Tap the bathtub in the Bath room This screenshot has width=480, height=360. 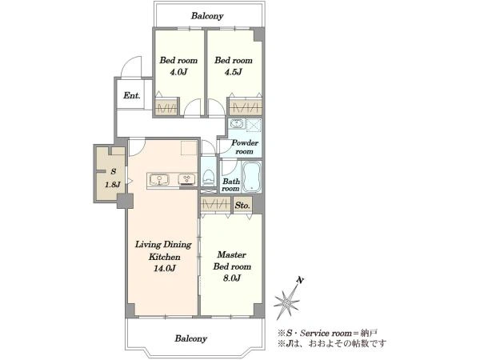(252, 177)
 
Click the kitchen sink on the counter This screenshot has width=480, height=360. (159, 179)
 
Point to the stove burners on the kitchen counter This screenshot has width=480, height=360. (187, 179)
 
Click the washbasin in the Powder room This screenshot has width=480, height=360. (237, 124)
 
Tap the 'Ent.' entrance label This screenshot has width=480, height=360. (132, 95)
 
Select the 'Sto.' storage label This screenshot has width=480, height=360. (242, 206)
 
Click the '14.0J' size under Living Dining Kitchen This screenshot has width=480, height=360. (165, 269)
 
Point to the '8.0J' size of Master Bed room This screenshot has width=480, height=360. (231, 278)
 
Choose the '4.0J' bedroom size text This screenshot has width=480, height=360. (178, 72)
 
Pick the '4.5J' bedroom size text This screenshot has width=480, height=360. (234, 72)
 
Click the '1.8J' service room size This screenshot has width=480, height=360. (113, 185)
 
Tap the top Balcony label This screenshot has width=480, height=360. (207, 16)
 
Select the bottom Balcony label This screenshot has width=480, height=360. (191, 338)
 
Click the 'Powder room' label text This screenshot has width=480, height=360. (245, 147)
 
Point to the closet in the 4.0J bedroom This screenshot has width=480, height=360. (166, 107)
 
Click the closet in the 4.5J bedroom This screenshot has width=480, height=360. (246, 107)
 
